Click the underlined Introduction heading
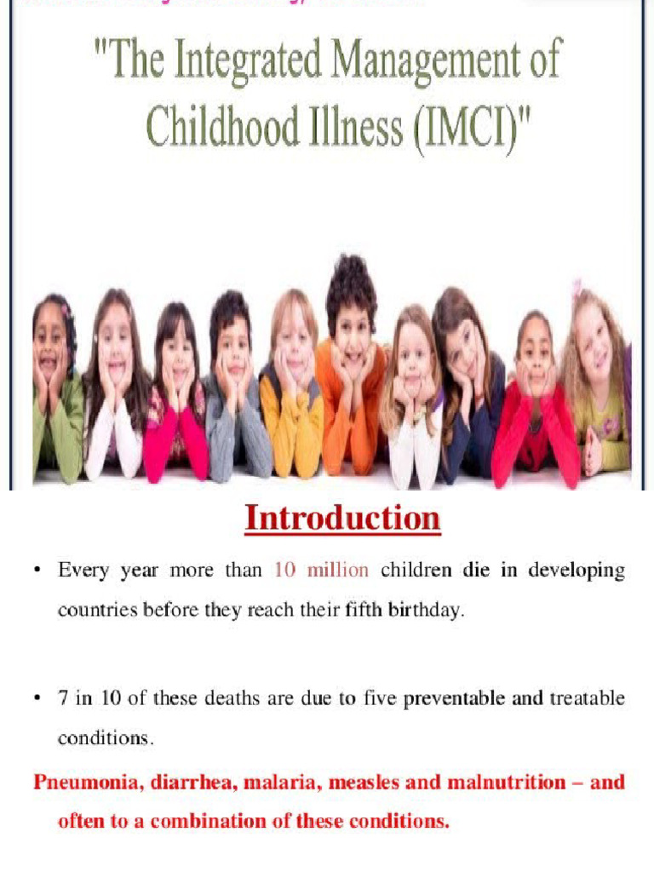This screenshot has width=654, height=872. (x=342, y=519)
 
